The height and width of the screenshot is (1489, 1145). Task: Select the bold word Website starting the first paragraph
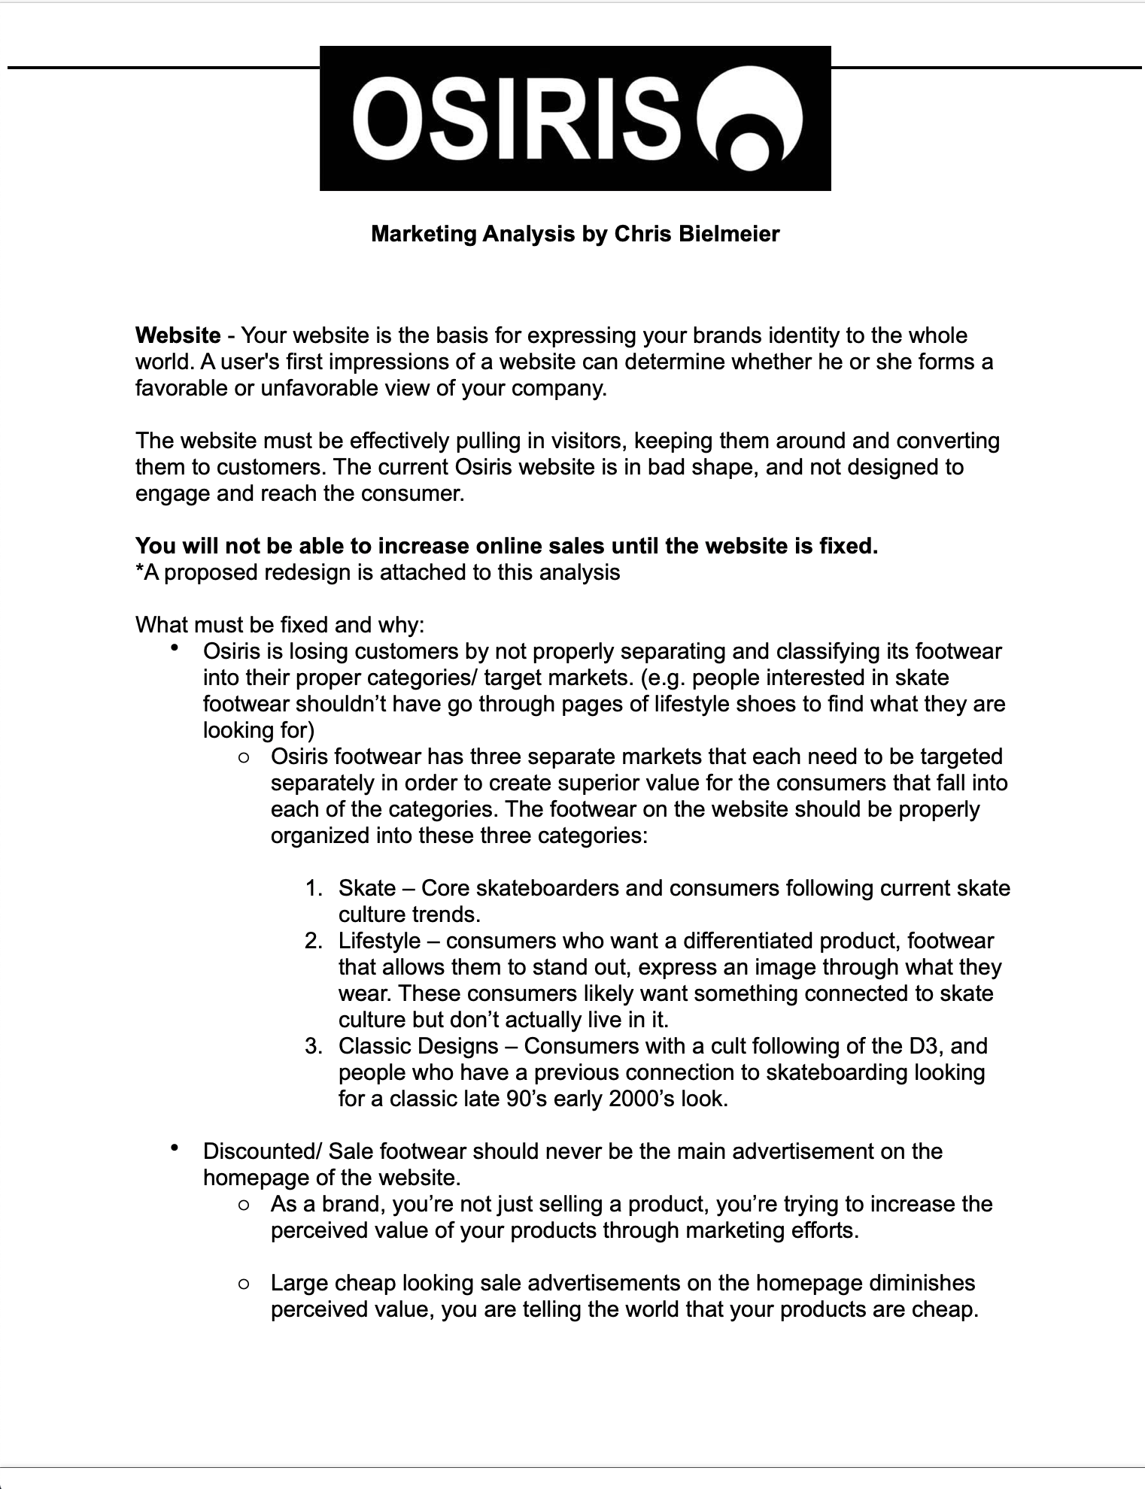[178, 335]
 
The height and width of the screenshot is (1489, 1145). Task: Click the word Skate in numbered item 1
[367, 888]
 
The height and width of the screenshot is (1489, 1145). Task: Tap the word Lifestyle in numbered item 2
[379, 941]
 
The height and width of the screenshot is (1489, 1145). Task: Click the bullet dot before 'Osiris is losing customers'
[175, 647]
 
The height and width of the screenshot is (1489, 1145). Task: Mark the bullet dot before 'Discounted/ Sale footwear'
[175, 1147]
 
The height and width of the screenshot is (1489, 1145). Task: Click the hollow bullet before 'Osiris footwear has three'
[243, 758]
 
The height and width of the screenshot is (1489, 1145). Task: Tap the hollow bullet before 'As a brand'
[243, 1205]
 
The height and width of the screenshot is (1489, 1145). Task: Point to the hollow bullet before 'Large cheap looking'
[243, 1284]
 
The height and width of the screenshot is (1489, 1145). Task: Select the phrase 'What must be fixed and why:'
[280, 625]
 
